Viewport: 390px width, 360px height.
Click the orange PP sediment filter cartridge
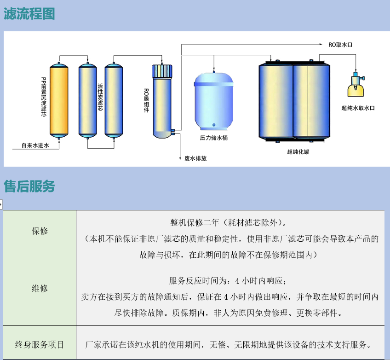pyautogui.click(x=59, y=100)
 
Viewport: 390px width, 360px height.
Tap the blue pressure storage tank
pyautogui.click(x=214, y=101)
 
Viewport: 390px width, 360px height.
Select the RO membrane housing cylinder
pyautogui.click(x=162, y=101)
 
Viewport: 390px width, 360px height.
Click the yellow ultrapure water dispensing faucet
pyautogui.click(x=356, y=85)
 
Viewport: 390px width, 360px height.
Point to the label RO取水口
pyautogui.click(x=340, y=45)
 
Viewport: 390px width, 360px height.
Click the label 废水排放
pyautogui.click(x=195, y=158)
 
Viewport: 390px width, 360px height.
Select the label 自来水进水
pyautogui.click(x=35, y=145)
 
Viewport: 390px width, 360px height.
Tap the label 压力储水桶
pyautogui.click(x=214, y=138)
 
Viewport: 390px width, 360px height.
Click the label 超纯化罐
pyautogui.click(x=298, y=152)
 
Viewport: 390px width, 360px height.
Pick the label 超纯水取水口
pyautogui.click(x=358, y=108)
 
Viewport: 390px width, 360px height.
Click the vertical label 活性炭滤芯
pyautogui.click(x=100, y=97)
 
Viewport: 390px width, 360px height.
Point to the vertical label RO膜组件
pyautogui.click(x=146, y=100)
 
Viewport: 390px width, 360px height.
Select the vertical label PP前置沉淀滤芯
pyautogui.click(x=44, y=97)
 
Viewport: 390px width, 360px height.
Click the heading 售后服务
pyautogui.click(x=29, y=186)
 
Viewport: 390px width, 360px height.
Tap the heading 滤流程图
pyautogui.click(x=29, y=14)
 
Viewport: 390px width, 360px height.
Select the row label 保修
pyautogui.click(x=40, y=231)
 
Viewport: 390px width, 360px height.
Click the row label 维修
pyautogui.click(x=40, y=288)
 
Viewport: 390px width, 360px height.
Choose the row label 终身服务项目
pyautogui.click(x=40, y=344)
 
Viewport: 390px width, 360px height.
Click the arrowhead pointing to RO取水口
pyautogui.click(x=321, y=44)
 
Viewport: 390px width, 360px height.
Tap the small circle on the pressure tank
pyautogui.click(x=214, y=125)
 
